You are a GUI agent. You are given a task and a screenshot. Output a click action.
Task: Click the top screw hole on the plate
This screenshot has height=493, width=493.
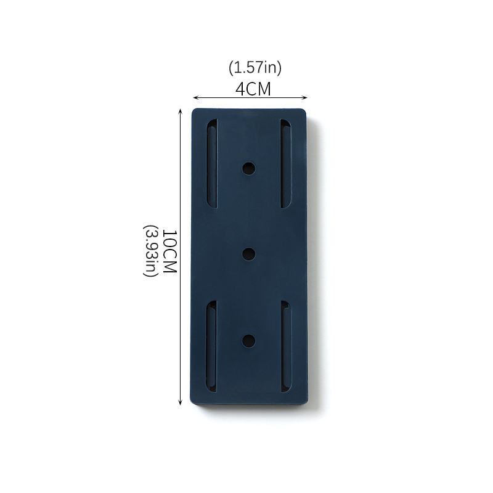tap(249, 168)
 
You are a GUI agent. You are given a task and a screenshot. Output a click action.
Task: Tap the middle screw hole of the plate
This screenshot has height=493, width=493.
tap(249, 254)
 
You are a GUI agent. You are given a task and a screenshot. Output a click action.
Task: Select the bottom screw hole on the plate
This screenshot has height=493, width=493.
tap(249, 341)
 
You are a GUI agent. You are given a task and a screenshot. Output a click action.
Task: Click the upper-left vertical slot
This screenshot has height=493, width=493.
tap(212, 163)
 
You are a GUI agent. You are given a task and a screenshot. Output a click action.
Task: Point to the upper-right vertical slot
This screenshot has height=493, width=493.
tap(286, 163)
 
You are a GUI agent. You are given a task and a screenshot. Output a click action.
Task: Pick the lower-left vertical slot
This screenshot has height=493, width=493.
tap(211, 346)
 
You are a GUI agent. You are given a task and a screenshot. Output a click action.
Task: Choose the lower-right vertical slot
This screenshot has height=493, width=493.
tap(286, 346)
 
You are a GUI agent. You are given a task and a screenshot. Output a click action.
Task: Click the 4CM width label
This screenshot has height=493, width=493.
tap(253, 89)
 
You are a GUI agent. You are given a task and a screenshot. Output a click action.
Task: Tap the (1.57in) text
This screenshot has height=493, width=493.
tap(255, 68)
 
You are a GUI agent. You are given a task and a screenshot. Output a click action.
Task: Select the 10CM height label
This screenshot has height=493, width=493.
tap(170, 251)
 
